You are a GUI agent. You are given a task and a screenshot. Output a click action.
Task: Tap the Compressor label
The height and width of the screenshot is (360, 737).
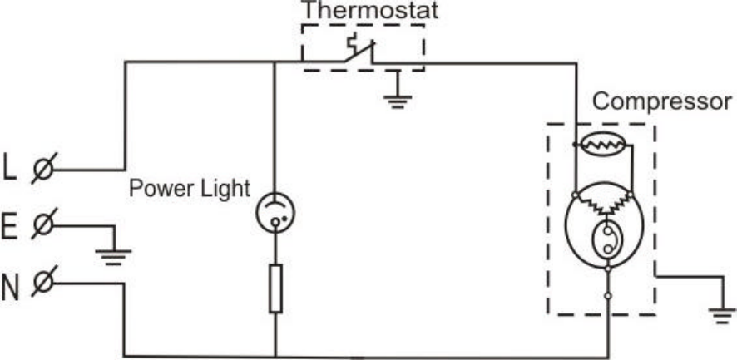tap(662, 103)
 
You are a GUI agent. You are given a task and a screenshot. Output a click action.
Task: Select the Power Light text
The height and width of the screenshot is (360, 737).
tap(189, 188)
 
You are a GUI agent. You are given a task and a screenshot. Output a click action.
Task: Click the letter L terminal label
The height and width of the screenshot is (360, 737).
tap(10, 168)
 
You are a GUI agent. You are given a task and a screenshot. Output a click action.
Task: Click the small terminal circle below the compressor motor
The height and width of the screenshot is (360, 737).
tap(609, 295)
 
